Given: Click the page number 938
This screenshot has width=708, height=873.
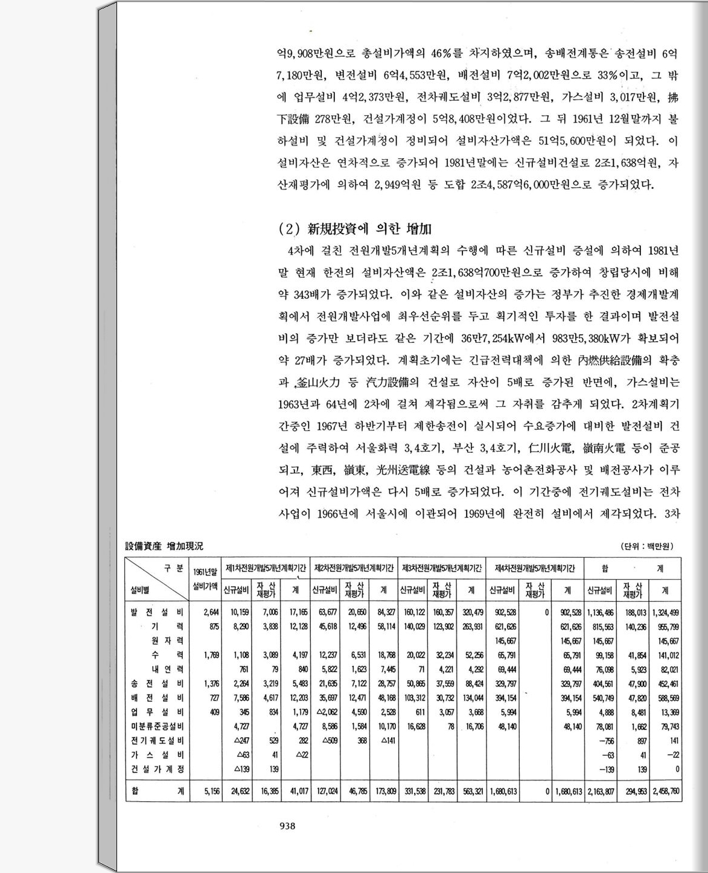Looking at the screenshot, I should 287,827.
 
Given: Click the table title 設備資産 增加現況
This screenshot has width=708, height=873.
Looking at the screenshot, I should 164,546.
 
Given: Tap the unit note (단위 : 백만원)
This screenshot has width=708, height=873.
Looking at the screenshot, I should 647,546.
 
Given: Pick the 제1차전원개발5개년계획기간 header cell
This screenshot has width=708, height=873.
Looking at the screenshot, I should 266,568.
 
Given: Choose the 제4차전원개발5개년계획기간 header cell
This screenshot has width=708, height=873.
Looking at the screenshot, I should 535,568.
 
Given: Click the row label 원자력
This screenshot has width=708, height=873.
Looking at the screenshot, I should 168,640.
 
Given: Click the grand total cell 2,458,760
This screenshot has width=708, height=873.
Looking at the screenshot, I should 666,791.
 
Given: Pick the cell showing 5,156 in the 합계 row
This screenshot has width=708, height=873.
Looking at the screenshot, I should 211,791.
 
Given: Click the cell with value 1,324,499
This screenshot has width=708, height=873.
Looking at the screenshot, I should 666,612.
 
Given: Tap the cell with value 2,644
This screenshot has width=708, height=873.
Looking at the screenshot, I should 211,612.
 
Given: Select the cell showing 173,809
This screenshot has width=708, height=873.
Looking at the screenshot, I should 384,791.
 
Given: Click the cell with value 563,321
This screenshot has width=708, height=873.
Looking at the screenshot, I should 471,791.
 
